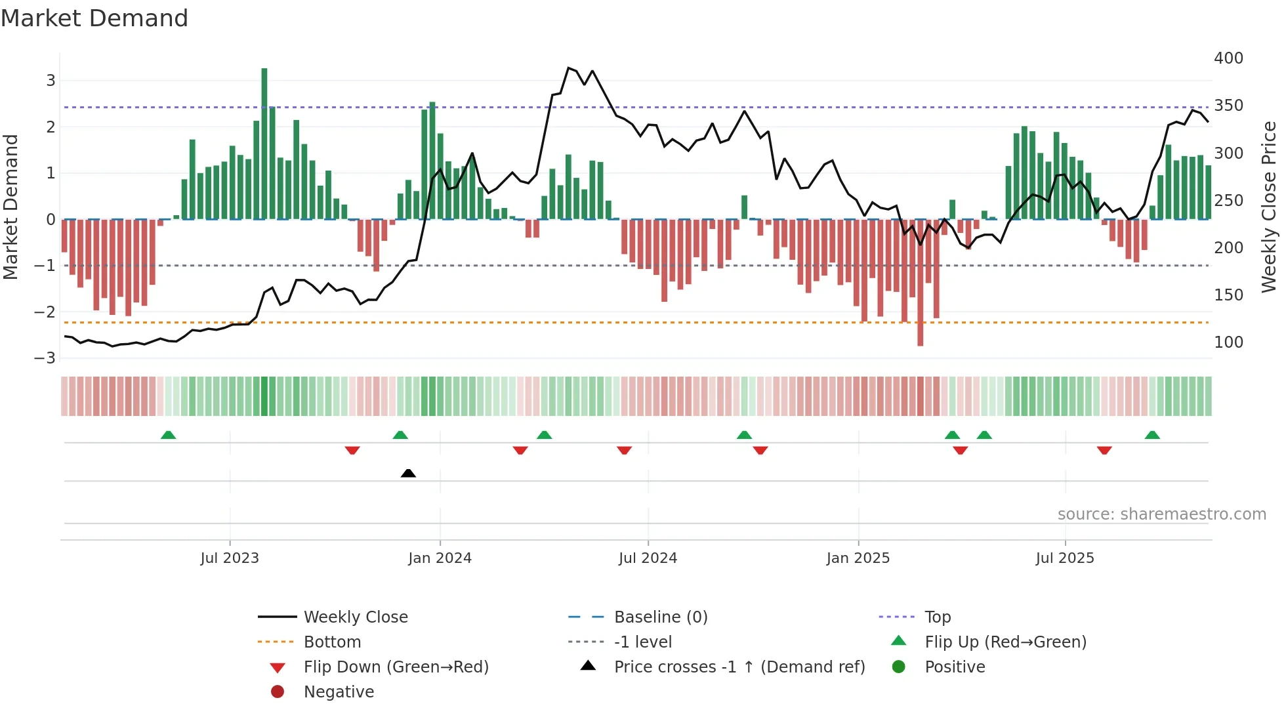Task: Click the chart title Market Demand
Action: pyautogui.click(x=94, y=18)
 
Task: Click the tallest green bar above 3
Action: pyautogui.click(x=264, y=143)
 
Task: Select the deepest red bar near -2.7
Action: pyautogui.click(x=921, y=282)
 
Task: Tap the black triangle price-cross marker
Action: pyautogui.click(x=408, y=473)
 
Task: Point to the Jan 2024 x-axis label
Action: pyautogui.click(x=440, y=558)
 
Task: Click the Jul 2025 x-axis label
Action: pyautogui.click(x=1065, y=558)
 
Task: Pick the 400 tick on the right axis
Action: pyautogui.click(x=1228, y=58)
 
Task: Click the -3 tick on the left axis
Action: pyautogui.click(x=45, y=358)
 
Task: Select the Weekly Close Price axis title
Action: pyautogui.click(x=1269, y=207)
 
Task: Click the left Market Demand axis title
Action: pyautogui.click(x=10, y=207)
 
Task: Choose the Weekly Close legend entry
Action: pyautogui.click(x=356, y=617)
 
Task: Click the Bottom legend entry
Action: pyautogui.click(x=332, y=642)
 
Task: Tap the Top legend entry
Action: pyautogui.click(x=938, y=617)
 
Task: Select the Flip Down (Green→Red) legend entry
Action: pyautogui.click(x=396, y=667)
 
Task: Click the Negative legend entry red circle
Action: pyautogui.click(x=278, y=692)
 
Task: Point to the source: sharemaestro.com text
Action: pyautogui.click(x=1161, y=514)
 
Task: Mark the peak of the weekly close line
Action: pyautogui.click(x=569, y=68)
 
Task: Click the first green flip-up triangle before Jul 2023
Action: pyautogui.click(x=169, y=435)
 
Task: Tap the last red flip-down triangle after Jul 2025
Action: pyautogui.click(x=1104, y=450)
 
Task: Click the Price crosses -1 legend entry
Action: pyautogui.click(x=739, y=667)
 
